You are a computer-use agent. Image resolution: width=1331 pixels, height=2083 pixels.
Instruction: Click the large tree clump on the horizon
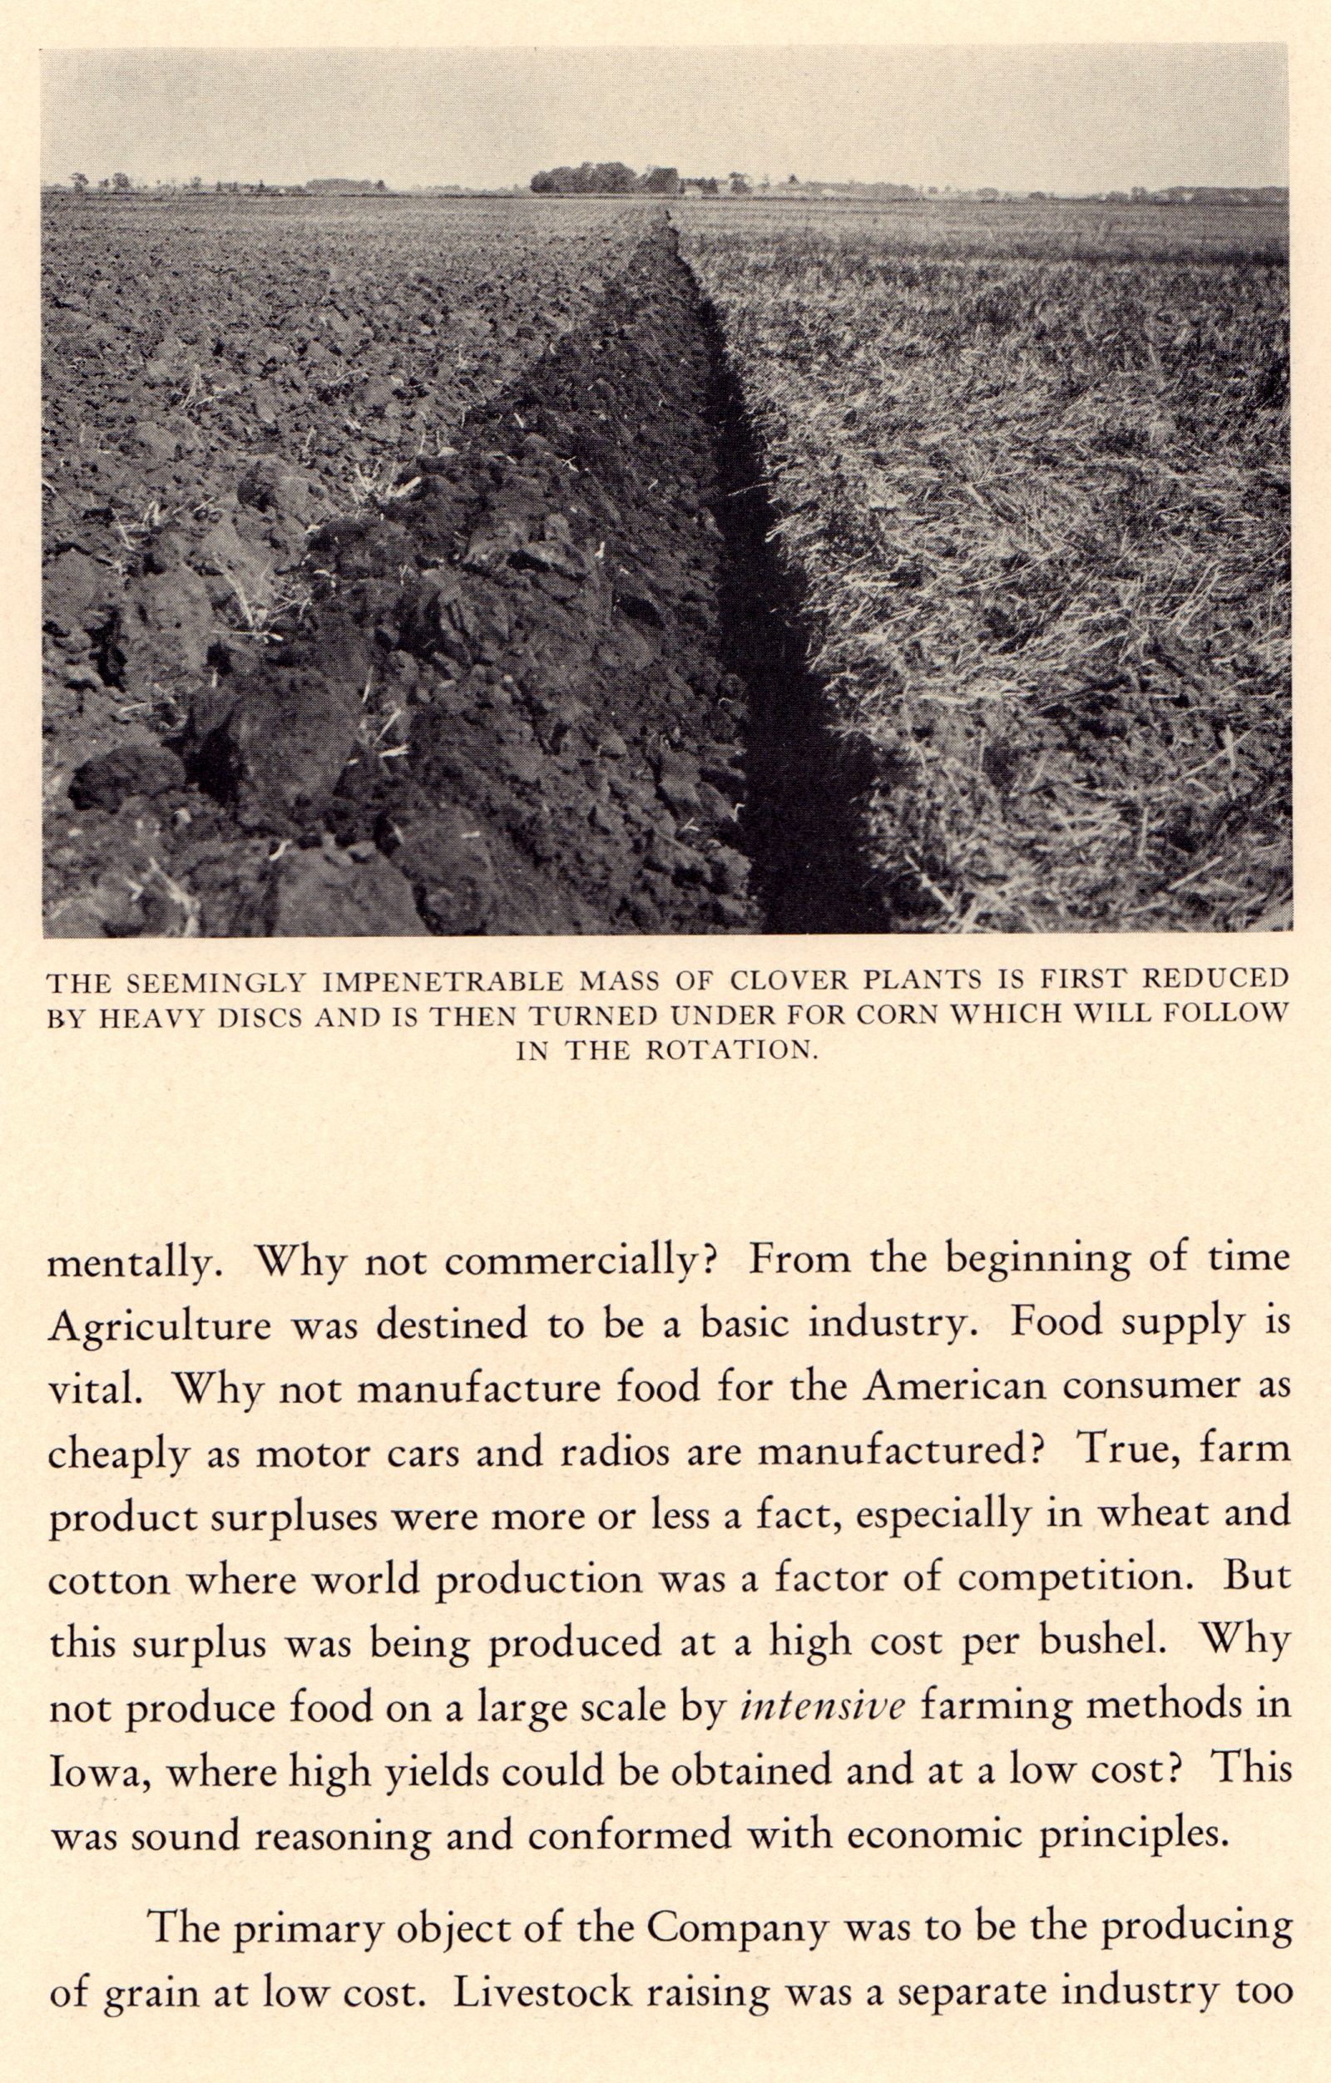pyautogui.click(x=606, y=180)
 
